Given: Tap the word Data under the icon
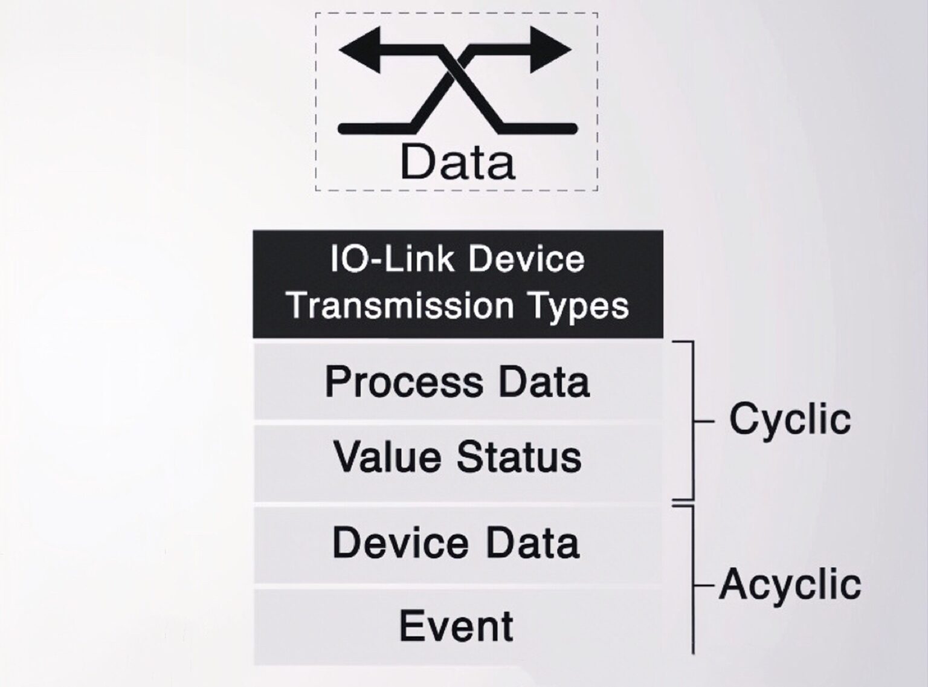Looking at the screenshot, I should (457, 162).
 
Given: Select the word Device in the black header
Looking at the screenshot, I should (526, 260).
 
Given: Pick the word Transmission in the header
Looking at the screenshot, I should (401, 305).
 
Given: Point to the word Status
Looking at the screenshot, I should (518, 457).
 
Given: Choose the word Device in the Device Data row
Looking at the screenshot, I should (400, 543).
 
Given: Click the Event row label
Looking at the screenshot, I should (456, 626).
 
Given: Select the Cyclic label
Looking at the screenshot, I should (790, 419).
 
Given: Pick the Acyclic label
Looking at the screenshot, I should (790, 584).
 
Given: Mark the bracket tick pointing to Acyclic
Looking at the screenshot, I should (704, 585).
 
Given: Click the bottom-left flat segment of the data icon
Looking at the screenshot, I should (375, 128).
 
